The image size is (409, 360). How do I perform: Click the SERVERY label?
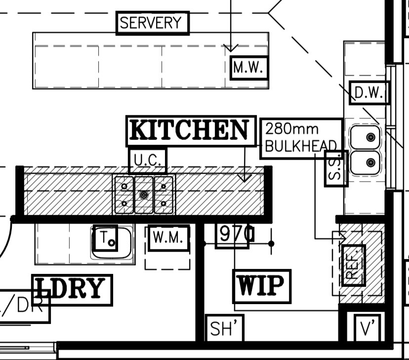tap(152, 23)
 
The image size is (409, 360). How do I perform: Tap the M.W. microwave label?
tap(249, 68)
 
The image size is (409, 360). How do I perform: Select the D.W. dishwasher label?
tap(369, 93)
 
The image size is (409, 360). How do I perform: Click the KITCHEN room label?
tap(191, 131)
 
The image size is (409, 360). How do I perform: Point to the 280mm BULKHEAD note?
tap(301, 138)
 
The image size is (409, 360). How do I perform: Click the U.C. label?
tap(147, 160)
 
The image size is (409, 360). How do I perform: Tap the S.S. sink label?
tap(336, 168)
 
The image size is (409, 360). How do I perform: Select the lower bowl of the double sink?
tap(366, 162)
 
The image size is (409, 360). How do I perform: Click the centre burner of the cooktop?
tap(144, 195)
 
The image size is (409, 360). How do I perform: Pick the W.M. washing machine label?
tap(169, 238)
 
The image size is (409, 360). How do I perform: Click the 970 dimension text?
tap(235, 233)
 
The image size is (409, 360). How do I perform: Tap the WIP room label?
tap(261, 286)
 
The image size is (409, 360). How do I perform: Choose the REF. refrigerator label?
tap(354, 265)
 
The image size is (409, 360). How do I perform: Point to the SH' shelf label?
tap(225, 328)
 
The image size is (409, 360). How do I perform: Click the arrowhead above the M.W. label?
tap(231, 48)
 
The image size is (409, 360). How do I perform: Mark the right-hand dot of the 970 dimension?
tap(271, 244)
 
